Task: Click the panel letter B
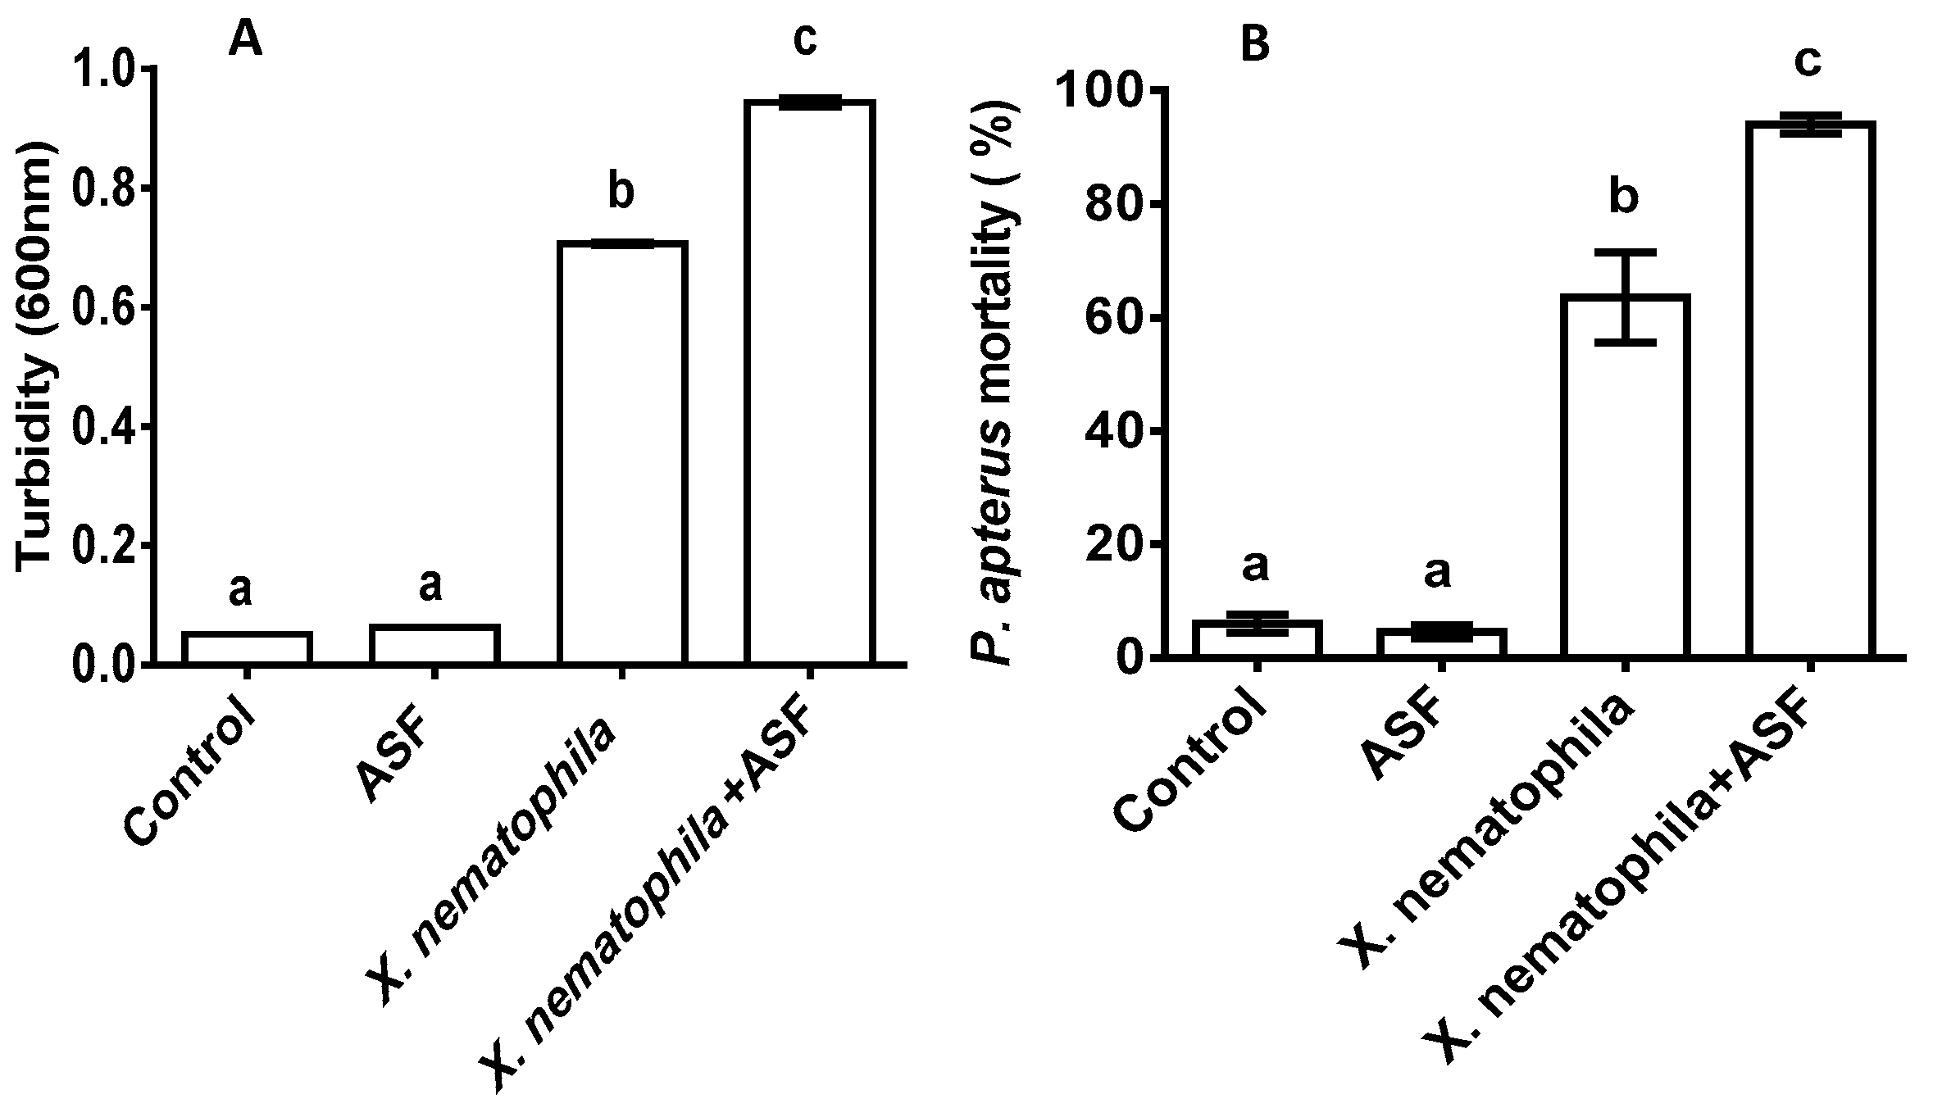pyautogui.click(x=1255, y=46)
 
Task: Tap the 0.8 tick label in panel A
pyautogui.click(x=102, y=189)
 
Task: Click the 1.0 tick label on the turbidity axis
pyautogui.click(x=102, y=70)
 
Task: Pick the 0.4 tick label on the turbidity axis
pyautogui.click(x=102, y=428)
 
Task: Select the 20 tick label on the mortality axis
pyautogui.click(x=1111, y=545)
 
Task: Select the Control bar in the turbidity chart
pyautogui.click(x=246, y=647)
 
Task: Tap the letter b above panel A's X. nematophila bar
pyautogui.click(x=621, y=193)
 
